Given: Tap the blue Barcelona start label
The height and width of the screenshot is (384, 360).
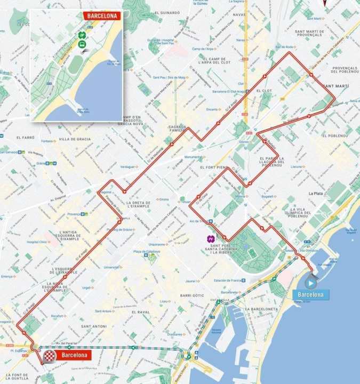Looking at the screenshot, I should [x=311, y=294].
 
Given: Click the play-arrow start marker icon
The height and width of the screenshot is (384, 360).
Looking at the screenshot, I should [x=310, y=283].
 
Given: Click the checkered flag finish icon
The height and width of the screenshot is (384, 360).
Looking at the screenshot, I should [x=50, y=356].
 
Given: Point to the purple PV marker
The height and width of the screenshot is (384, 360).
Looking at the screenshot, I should [x=211, y=238].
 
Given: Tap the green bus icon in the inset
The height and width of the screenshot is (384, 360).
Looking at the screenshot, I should [x=82, y=44].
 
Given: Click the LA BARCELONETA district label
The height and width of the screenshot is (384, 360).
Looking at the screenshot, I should [x=262, y=309].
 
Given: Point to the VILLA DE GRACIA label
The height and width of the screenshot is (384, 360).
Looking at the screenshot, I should [x=75, y=139].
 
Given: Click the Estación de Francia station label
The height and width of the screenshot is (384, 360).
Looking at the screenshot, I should [x=229, y=281].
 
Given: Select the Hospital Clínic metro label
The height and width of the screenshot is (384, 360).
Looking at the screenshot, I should [x=36, y=242].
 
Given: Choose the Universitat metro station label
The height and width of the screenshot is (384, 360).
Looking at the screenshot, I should [x=113, y=267].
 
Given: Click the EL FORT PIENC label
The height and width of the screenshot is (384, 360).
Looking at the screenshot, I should [x=214, y=167].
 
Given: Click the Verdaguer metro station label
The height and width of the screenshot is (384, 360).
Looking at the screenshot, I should [x=128, y=166].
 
